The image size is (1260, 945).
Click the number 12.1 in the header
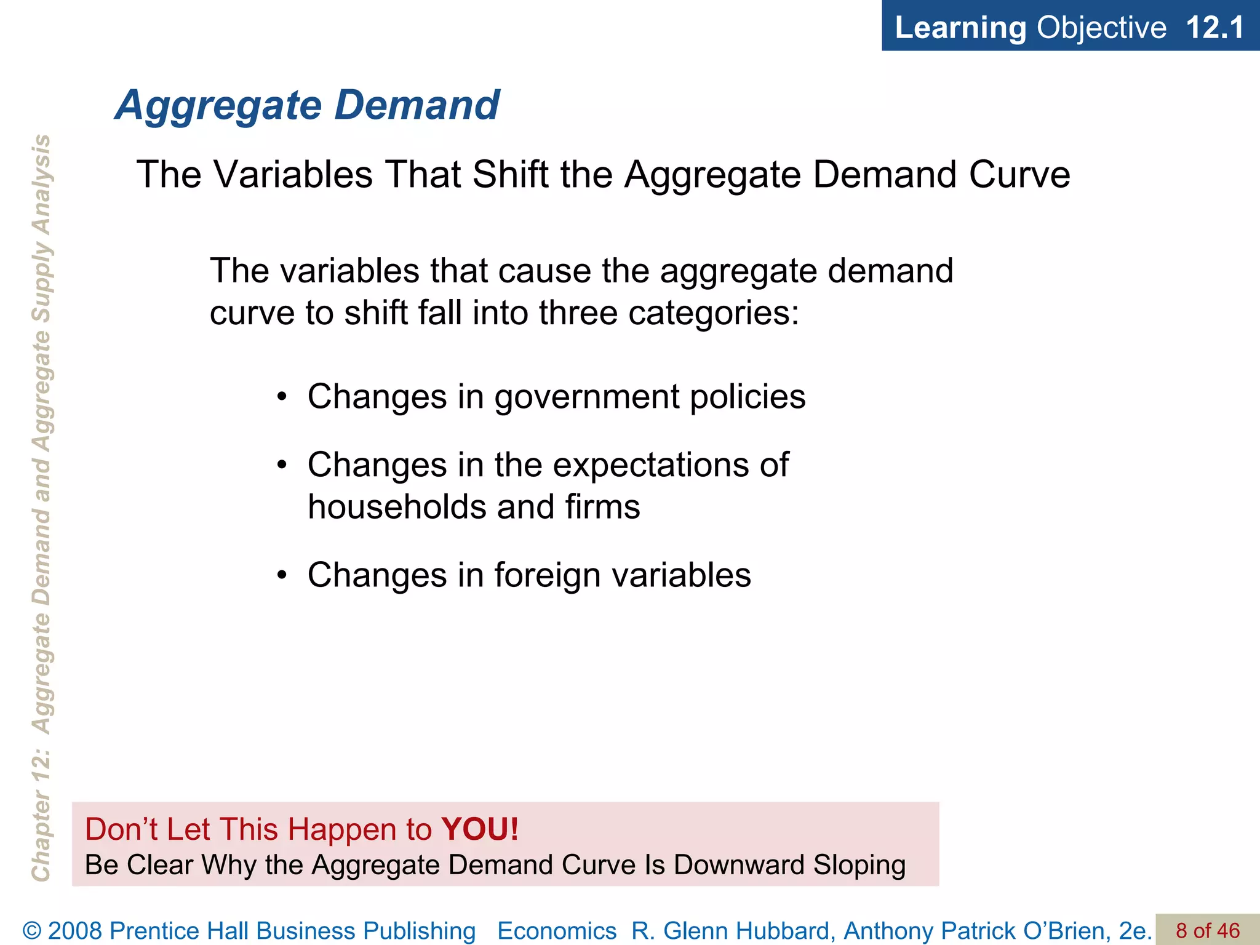pos(1215,28)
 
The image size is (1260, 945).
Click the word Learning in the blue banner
pos(960,28)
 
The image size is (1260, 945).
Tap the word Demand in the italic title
pos(417,105)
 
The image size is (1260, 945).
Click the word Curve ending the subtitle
pos(1019,174)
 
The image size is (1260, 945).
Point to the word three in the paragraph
pos(578,313)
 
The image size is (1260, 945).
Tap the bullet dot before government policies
pos(282,397)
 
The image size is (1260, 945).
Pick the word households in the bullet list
pos(397,507)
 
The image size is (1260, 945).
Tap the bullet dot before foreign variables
pos(282,575)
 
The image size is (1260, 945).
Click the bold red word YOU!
pos(480,829)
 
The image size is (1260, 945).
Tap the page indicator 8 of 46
pos(1208,931)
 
